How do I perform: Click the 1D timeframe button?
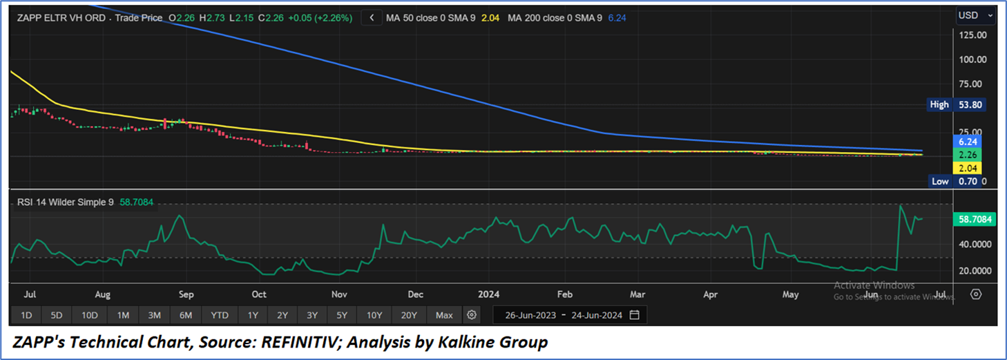pyautogui.click(x=26, y=315)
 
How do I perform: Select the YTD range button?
pyautogui.click(x=220, y=315)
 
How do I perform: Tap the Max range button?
pyautogui.click(x=444, y=315)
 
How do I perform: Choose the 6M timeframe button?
pyautogui.click(x=186, y=315)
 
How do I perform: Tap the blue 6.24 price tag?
pyautogui.click(x=966, y=140)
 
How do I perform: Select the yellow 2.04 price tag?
pyautogui.click(x=966, y=168)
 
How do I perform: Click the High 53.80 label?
pyautogui.click(x=956, y=105)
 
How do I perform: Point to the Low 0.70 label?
pyautogui.click(x=956, y=181)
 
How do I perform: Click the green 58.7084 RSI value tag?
pyautogui.click(x=975, y=219)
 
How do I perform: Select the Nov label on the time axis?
pyautogui.click(x=338, y=294)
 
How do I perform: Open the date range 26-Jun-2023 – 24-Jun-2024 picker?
pyautogui.click(x=570, y=315)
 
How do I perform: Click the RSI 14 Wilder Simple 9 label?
pyautogui.click(x=65, y=203)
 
